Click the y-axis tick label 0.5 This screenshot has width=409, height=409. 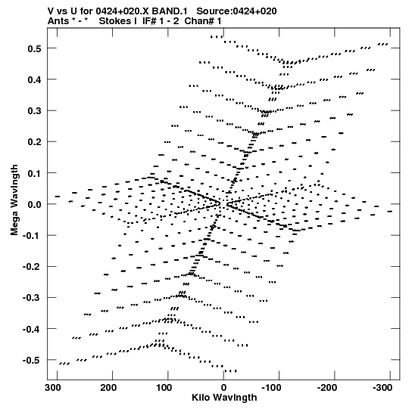coord(35,49)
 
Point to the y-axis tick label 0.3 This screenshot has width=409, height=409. coord(35,111)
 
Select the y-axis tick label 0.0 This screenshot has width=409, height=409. coord(35,204)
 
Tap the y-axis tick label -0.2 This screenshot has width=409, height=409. coord(32,267)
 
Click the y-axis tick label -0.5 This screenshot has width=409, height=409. coord(32,361)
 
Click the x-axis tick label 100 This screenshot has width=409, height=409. coord(164,388)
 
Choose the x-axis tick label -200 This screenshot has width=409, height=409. coord(327,388)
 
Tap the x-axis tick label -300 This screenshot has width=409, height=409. coord(382,388)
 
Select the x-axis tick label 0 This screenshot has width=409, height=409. coord(223,388)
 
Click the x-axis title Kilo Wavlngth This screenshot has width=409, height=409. coord(224,398)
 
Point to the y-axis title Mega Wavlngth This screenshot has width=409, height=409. coord(14,200)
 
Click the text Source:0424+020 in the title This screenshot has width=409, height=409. coord(236,11)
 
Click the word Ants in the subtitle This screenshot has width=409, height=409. coord(57,21)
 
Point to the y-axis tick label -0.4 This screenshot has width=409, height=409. coord(32,329)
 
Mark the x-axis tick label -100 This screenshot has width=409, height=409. coord(271,388)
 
